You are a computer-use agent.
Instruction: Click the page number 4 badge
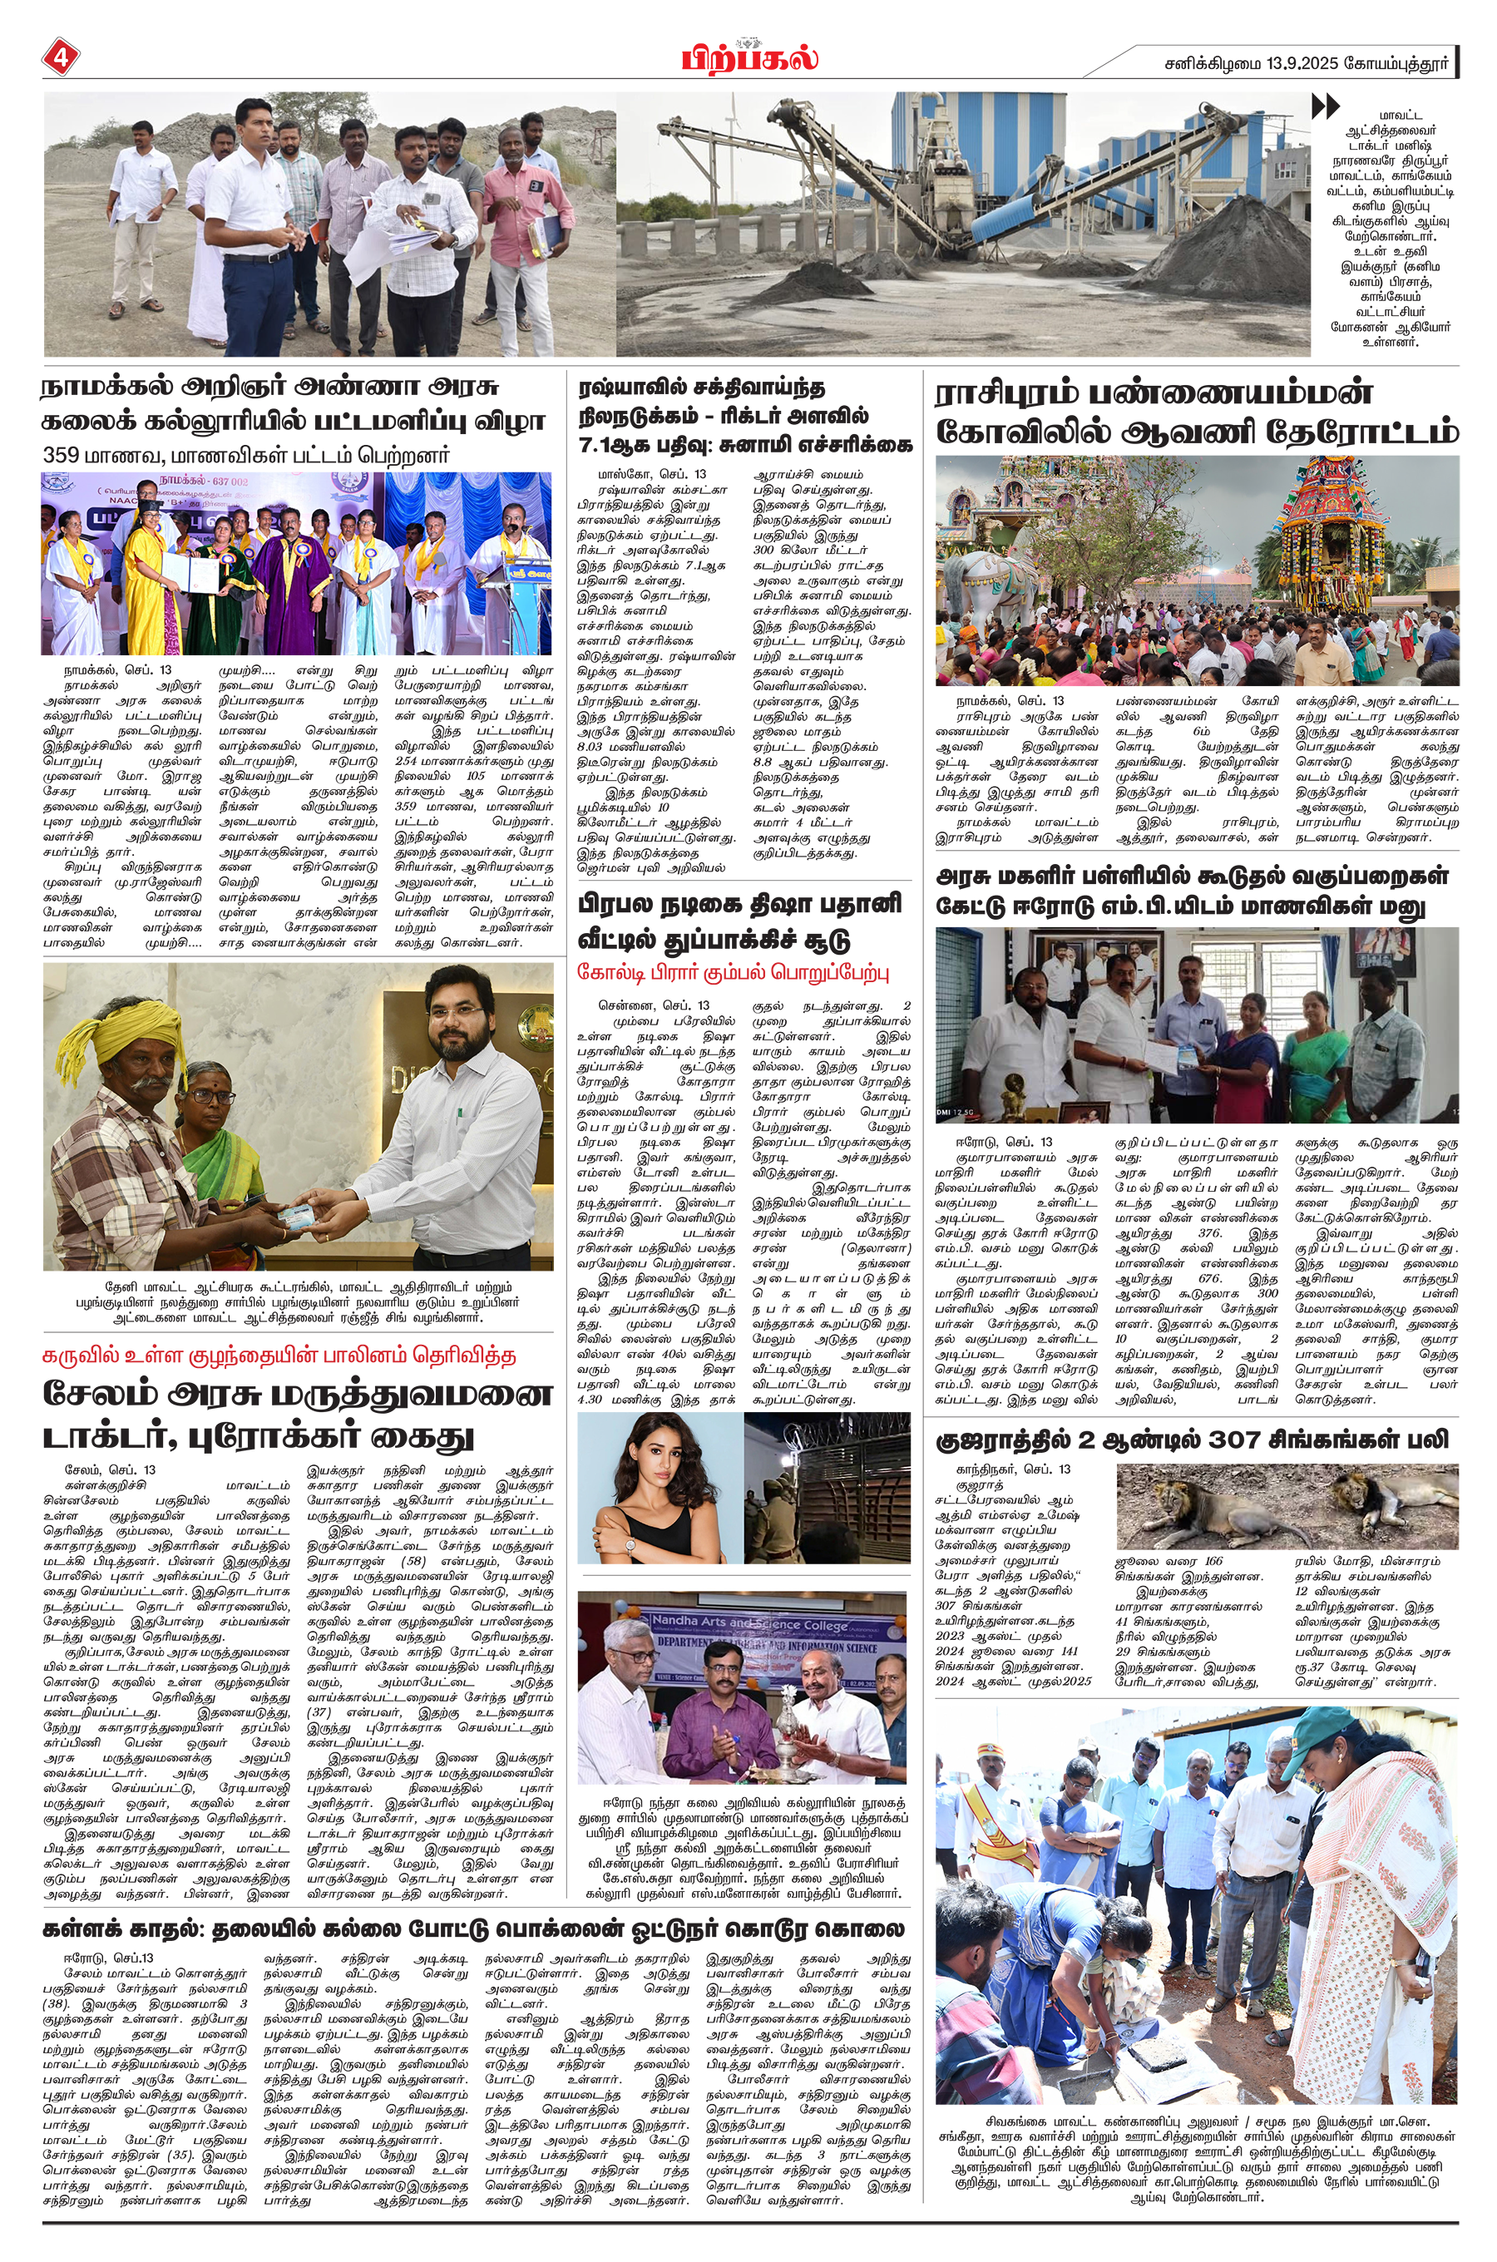coord(59,58)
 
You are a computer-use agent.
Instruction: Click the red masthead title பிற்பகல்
coord(749,59)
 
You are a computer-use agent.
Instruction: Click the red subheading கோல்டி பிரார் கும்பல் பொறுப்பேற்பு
coord(734,972)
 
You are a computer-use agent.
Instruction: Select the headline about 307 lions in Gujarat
coord(1191,1440)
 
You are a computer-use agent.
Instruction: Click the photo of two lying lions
coord(1286,1507)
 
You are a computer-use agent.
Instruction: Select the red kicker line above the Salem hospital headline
coord(279,1356)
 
